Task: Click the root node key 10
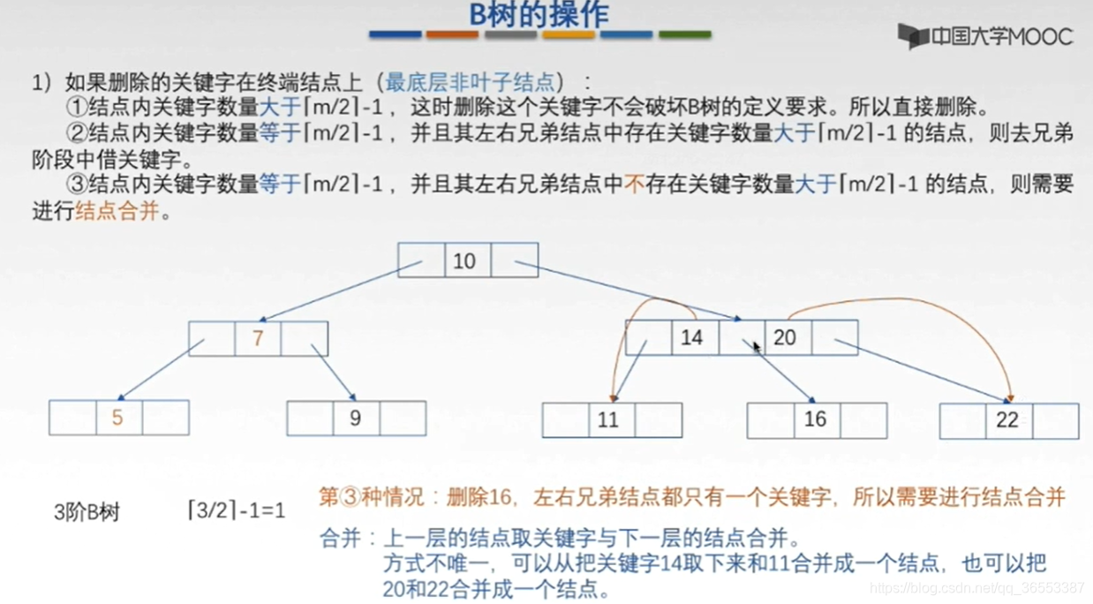(x=464, y=260)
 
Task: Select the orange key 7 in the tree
(x=258, y=338)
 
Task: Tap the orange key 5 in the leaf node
(x=117, y=417)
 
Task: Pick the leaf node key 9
(x=355, y=418)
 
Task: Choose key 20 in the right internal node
(x=784, y=337)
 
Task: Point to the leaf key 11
(x=608, y=419)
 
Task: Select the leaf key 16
(x=814, y=419)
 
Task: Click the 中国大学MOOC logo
(x=985, y=36)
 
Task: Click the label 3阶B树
(x=87, y=513)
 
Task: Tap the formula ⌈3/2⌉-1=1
(x=237, y=511)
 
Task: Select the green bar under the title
(x=684, y=35)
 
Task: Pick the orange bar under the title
(x=452, y=35)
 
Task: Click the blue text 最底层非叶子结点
(x=471, y=83)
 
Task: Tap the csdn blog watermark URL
(x=976, y=588)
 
